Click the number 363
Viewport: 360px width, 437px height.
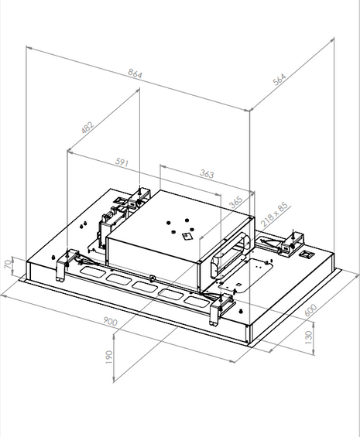206,174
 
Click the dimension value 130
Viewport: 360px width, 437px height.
309,338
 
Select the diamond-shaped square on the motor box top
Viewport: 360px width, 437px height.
186,238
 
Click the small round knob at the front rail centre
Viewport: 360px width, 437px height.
154,278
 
